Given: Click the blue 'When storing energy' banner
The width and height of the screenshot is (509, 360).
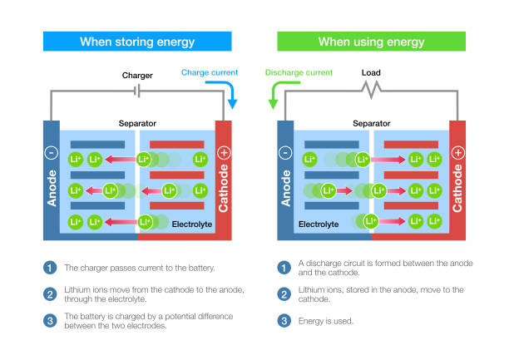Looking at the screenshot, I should (138, 42).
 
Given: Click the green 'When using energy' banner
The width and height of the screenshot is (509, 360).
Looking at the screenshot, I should (371, 42).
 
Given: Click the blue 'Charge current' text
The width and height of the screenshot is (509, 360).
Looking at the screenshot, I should (209, 73).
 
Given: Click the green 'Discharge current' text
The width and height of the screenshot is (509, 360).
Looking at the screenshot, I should (299, 73).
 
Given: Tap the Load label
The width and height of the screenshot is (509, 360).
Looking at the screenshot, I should (371, 72).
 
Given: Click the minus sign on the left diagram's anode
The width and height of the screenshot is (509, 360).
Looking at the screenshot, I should (51, 153).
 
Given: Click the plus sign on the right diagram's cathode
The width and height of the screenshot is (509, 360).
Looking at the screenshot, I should (457, 153).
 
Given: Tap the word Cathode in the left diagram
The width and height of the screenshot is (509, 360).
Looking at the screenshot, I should (224, 187).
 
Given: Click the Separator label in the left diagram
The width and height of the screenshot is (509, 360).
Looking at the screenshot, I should (137, 123).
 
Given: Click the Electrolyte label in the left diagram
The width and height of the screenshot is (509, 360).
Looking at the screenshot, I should (192, 224).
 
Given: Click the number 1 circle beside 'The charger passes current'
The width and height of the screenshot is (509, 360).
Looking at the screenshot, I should (51, 268).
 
